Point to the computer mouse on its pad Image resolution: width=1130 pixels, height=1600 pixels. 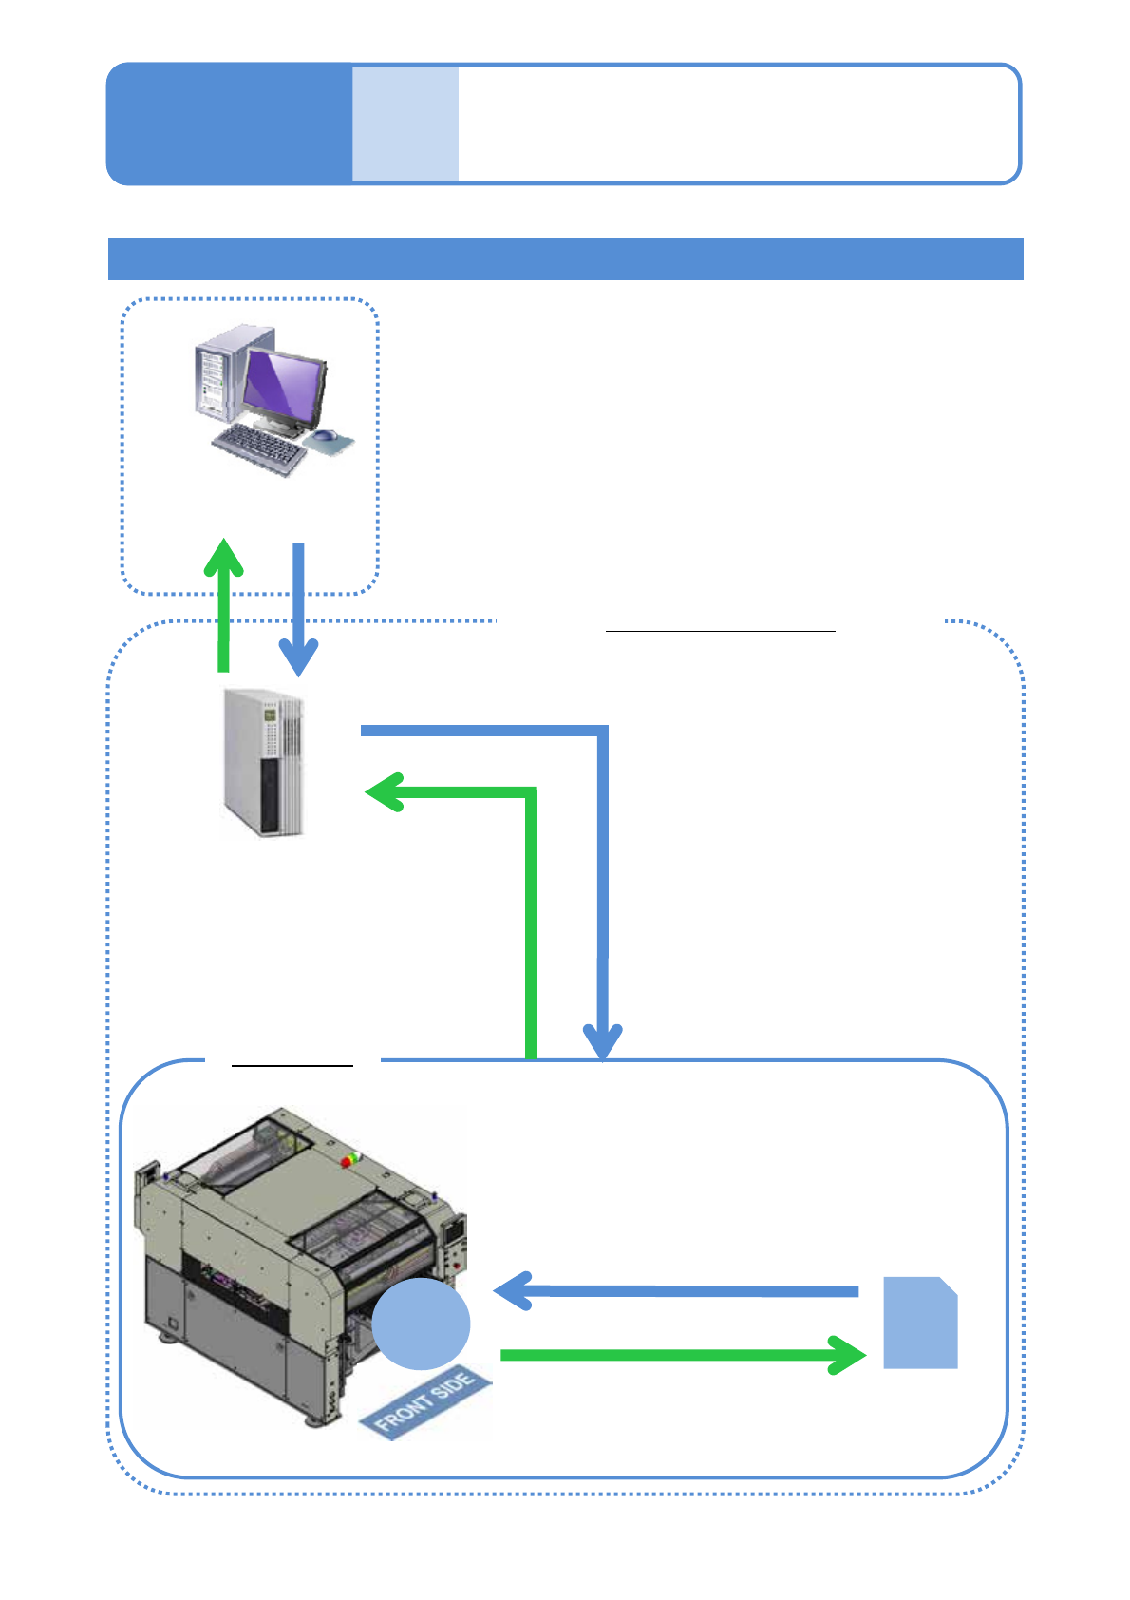[326, 437]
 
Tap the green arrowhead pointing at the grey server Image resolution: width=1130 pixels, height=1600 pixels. [384, 792]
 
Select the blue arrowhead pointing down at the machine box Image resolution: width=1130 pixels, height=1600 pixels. [602, 1042]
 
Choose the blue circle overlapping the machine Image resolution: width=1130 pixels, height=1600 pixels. [421, 1323]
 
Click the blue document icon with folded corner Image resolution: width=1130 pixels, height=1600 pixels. [920, 1323]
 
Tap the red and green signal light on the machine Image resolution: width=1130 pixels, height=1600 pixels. [352, 1160]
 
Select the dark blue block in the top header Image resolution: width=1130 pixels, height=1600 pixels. [229, 124]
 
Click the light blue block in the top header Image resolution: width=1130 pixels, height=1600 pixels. [405, 124]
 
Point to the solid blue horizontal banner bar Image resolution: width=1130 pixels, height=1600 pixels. [565, 258]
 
